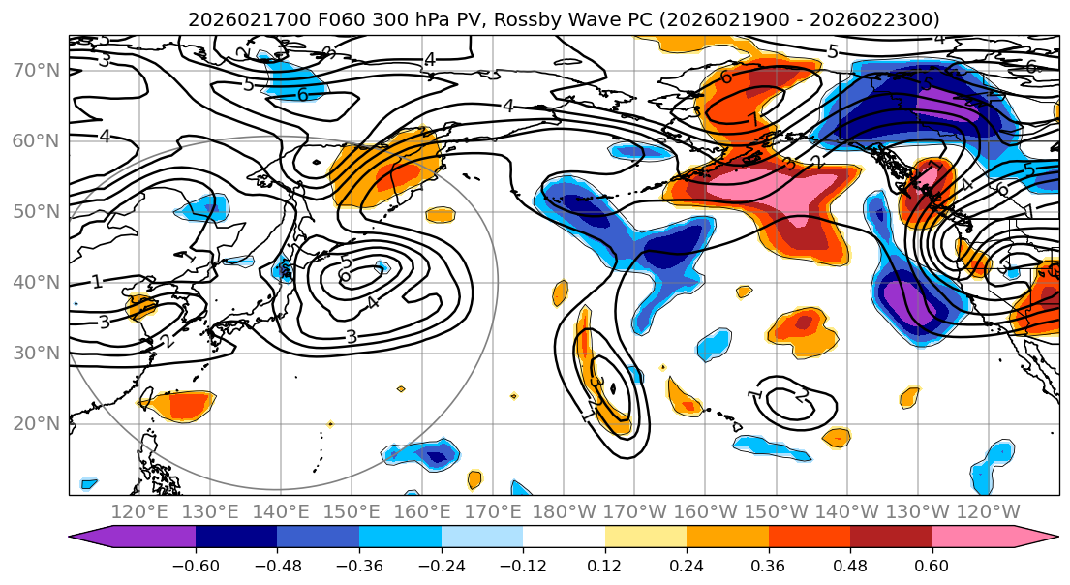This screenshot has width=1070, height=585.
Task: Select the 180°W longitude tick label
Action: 563,511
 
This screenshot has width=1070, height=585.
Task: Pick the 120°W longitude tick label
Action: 987,511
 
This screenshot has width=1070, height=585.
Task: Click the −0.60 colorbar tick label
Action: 196,565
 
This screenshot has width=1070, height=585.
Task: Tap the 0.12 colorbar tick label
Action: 604,565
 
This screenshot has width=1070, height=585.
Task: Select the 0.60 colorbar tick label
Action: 932,565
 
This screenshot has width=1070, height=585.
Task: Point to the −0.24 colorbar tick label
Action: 441,565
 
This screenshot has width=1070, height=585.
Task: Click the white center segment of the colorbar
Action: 564,539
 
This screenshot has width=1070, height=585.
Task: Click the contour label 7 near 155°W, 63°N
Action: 754,120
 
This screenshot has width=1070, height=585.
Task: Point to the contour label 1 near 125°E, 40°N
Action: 97,282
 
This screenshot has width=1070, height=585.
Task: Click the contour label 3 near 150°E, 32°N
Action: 352,336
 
